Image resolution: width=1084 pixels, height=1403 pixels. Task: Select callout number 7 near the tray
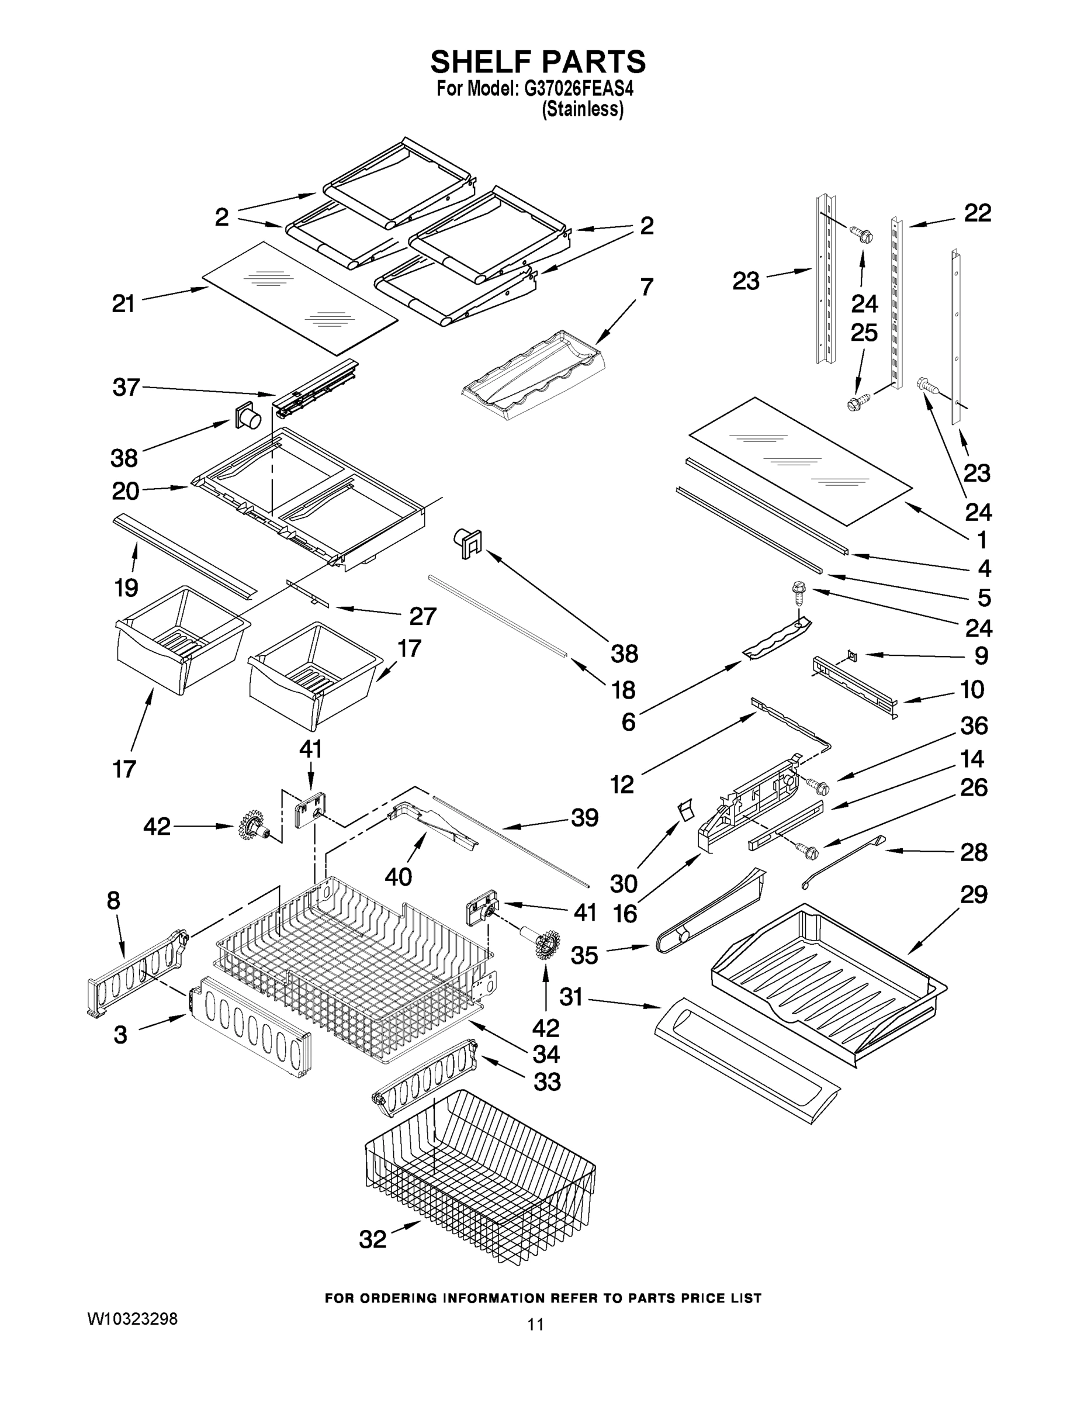646,286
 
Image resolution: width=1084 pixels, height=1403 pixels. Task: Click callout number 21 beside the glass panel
123,304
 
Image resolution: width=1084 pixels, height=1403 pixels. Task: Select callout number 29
974,894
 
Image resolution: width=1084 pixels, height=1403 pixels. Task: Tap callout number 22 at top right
978,213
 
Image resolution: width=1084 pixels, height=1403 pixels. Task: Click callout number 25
864,333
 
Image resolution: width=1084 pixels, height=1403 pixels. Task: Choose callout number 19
126,587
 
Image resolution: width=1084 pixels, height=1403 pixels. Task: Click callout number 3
120,1035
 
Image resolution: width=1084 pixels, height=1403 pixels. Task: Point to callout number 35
584,955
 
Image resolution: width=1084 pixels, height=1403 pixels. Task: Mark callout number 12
622,785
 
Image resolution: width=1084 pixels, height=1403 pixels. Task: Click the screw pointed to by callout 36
816,785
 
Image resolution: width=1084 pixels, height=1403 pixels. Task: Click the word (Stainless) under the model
583,110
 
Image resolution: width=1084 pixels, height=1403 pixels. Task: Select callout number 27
422,616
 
